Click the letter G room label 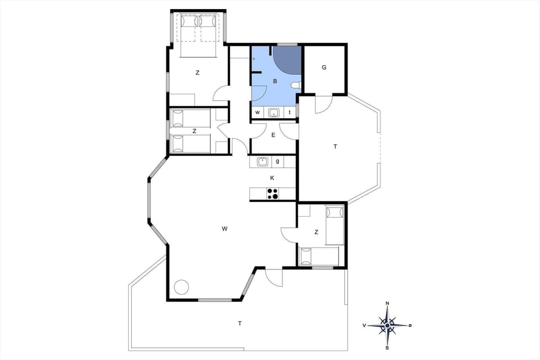(324, 67)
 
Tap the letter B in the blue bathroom (274, 82)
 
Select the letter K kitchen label (272, 178)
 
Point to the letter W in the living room (224, 228)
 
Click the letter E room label (273, 135)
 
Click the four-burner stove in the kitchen (273, 194)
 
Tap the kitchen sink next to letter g (262, 162)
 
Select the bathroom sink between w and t (274, 112)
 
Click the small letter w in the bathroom (258, 112)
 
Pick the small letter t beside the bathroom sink (290, 112)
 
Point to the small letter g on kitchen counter (277, 162)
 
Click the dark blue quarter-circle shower (288, 59)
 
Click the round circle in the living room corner (181, 286)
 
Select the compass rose (388, 325)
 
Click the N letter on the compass (388, 304)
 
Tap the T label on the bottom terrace (240, 323)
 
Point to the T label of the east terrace (335, 146)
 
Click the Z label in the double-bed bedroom (197, 73)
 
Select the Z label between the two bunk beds (194, 131)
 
